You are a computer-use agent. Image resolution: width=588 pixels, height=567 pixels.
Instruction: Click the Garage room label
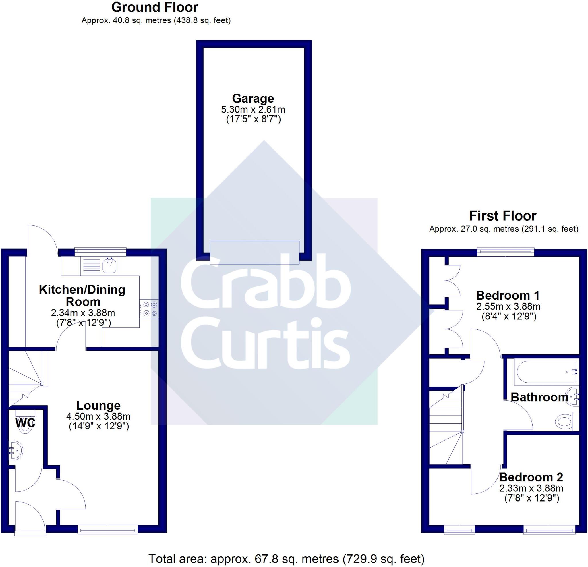coord(253,99)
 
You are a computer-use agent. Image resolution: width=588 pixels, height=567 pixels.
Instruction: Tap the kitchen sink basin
coord(109,266)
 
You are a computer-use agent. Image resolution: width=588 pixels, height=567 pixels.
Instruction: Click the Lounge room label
coord(98,406)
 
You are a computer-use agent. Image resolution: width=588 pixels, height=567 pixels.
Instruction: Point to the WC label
coord(25,423)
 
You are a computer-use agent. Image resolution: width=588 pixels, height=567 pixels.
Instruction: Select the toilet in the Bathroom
coord(564,422)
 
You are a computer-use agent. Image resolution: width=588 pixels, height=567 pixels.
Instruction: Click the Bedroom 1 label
coord(508,296)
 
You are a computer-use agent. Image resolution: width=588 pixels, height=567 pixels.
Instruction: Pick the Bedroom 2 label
coord(531,477)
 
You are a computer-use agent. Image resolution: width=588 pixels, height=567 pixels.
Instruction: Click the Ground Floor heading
coord(154,7)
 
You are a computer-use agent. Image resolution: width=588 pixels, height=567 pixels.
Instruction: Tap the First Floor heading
coord(502,216)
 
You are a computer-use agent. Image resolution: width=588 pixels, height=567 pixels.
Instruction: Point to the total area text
coord(287,559)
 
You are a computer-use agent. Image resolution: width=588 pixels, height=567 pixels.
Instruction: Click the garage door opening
coord(254,252)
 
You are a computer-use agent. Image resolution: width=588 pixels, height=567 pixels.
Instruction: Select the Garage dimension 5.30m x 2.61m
coord(253,109)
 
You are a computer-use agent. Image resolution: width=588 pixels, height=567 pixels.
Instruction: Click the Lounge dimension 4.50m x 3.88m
coord(98,416)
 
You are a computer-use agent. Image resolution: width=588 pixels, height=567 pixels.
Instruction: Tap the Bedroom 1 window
coord(506,252)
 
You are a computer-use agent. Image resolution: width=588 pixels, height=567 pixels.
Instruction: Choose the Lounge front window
coord(107,529)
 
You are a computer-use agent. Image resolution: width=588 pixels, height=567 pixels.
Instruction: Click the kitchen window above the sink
coord(100,251)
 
